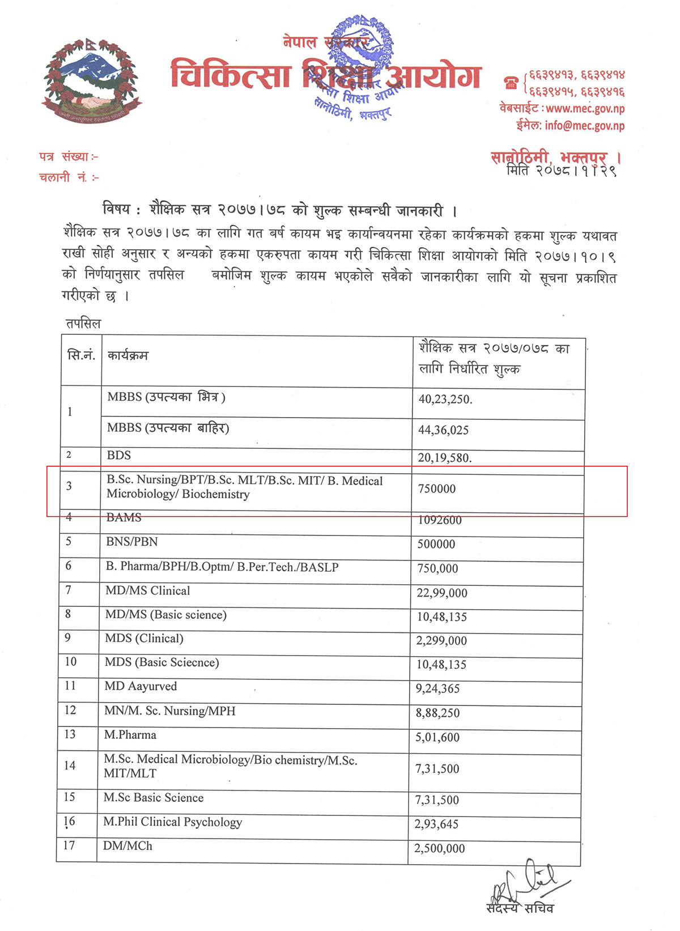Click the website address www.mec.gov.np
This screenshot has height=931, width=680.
point(585,108)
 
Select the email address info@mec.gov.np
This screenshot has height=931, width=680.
point(584,126)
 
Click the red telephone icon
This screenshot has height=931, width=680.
point(511,83)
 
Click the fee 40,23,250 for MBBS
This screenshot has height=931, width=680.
point(445,399)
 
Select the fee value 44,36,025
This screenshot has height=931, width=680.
point(444,431)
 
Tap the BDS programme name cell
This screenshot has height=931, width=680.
point(119,456)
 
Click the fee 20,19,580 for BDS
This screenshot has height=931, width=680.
point(445,458)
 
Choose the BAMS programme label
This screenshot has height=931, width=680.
point(124,518)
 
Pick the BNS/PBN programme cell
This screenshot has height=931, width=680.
point(132,542)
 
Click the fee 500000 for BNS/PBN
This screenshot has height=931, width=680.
point(436,545)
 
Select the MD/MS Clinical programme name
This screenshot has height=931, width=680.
point(148,591)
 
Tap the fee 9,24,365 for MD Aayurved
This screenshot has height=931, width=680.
point(438,689)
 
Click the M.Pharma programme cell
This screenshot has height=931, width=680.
point(130,736)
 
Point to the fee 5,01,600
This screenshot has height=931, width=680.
point(437,738)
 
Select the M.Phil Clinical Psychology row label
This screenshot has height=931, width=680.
point(173,822)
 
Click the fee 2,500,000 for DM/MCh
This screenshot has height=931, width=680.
point(440,849)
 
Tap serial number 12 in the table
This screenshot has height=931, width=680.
point(70,711)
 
